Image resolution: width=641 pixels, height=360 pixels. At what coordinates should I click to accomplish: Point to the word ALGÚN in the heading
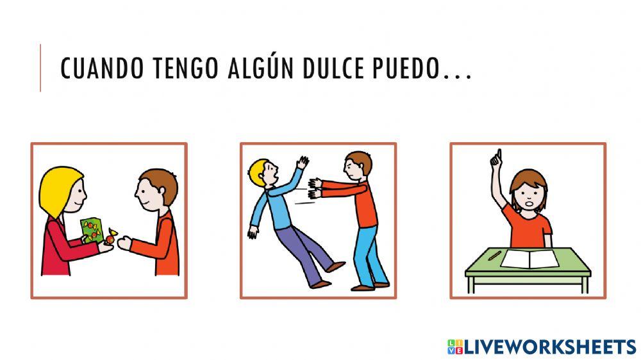click(x=256, y=70)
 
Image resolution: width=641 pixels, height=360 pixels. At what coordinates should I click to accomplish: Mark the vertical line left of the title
click(x=40, y=68)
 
